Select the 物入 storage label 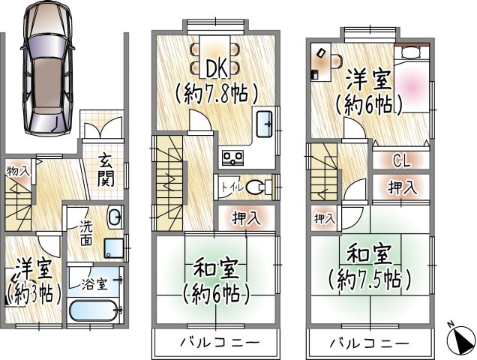(x=18, y=172)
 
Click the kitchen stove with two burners (x=234, y=157)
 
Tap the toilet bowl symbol (x=259, y=187)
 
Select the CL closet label (x=401, y=160)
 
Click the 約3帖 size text (x=32, y=293)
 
